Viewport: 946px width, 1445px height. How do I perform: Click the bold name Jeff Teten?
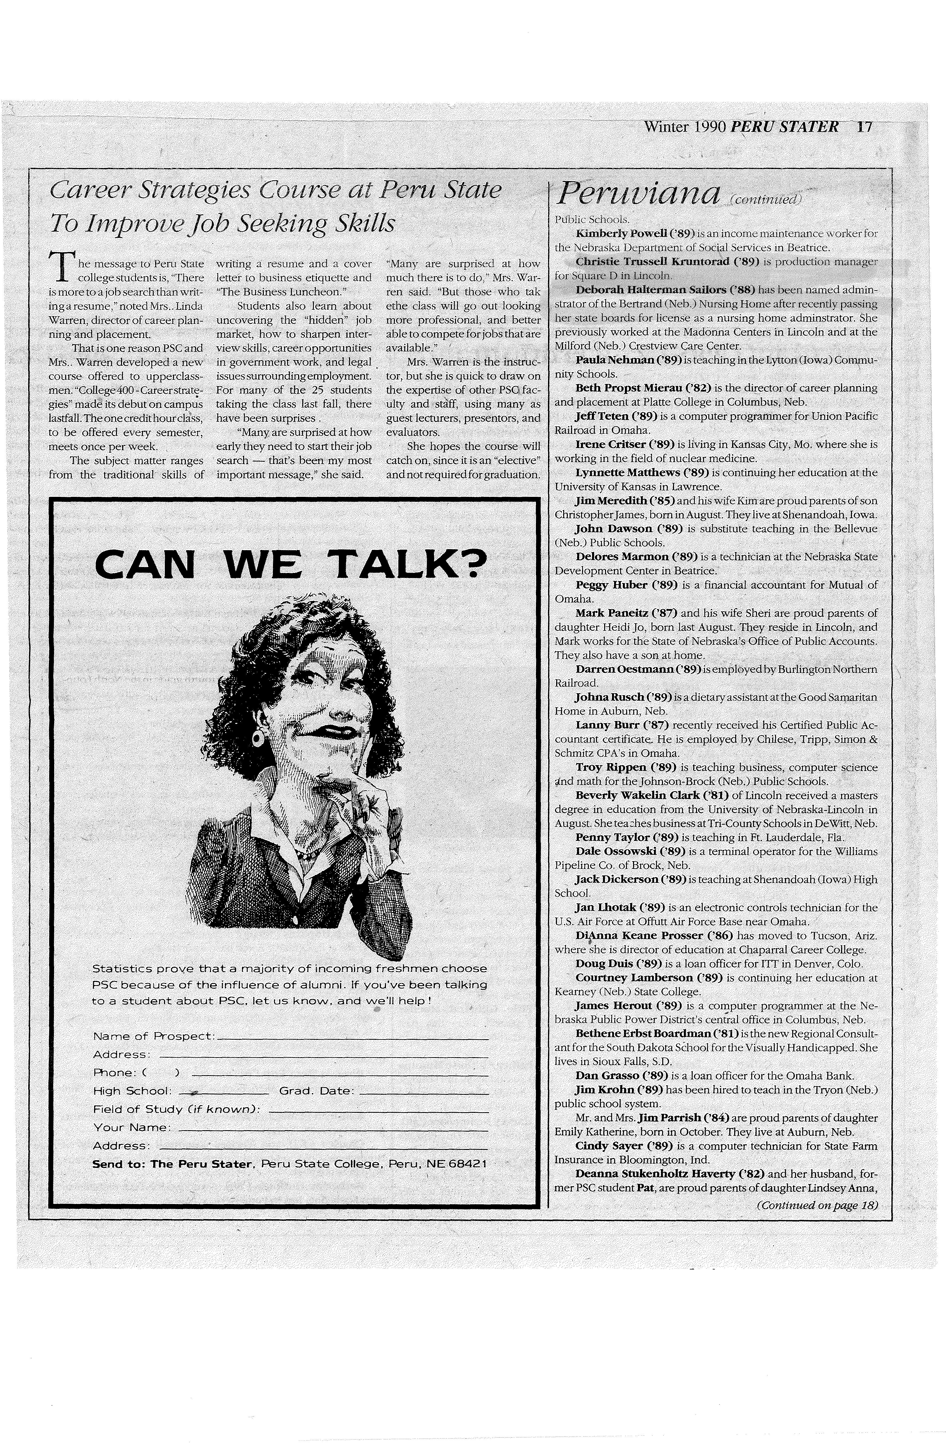click(602, 416)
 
